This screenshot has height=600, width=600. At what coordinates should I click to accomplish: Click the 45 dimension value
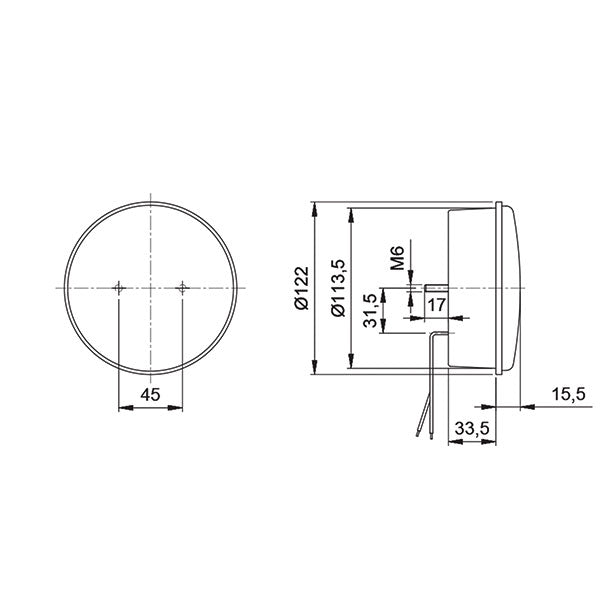pos(150,395)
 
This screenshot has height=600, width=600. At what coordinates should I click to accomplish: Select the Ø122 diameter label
pos(299,288)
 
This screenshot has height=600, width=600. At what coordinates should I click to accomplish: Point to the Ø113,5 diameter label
pos(336,288)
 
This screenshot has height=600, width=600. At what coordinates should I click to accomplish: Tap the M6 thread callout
pos(397,258)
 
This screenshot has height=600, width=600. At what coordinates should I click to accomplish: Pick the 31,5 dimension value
pos(372,311)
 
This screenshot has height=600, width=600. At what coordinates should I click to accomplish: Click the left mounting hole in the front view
pos(118,288)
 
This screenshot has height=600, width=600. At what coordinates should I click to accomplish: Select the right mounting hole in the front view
pos(182,288)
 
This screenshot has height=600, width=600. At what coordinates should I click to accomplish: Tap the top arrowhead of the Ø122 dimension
pos(316,207)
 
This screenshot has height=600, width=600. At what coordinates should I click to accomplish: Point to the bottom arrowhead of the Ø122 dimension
pos(316,369)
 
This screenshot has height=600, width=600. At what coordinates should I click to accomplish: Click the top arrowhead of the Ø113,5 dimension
pos(351,212)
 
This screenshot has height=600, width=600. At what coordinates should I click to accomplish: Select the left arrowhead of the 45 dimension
pos(123,407)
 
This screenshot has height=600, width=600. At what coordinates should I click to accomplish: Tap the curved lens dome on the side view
pos(513,288)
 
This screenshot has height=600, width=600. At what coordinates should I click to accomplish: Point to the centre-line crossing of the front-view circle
pos(150,288)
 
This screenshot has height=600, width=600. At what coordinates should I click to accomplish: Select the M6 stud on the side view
pos(437,288)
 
